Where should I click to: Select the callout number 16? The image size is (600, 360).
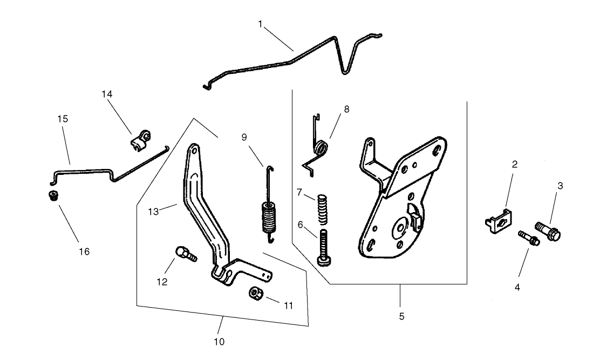(84, 252)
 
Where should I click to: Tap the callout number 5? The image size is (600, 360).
(401, 316)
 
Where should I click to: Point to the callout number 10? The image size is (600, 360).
(219, 341)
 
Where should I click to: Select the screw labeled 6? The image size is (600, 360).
(324, 246)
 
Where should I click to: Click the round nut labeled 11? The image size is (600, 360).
(255, 294)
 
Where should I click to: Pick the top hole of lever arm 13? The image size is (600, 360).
(192, 153)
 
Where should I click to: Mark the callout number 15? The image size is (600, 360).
(63, 119)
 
